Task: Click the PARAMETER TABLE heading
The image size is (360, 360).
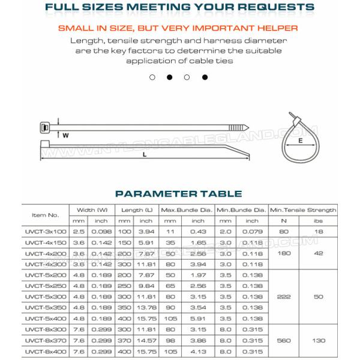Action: coord(178,194)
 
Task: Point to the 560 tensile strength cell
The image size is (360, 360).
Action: coord(283,340)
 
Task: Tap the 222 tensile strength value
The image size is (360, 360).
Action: coord(283,296)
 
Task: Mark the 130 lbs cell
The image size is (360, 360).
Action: coord(319,340)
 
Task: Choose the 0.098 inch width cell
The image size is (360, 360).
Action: coord(100,231)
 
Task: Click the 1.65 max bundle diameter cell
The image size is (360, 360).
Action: coord(198,242)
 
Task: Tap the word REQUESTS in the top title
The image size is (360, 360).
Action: coord(275,7)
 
